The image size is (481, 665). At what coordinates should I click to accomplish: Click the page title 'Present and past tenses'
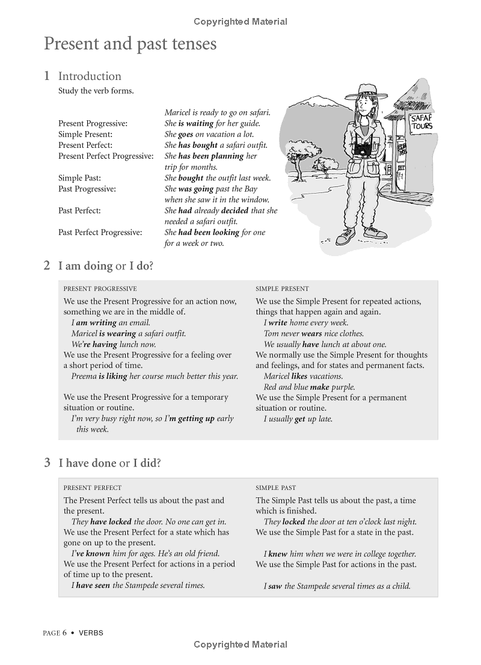coord(130,44)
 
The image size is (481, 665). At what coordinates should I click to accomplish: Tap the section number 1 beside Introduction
coord(47,76)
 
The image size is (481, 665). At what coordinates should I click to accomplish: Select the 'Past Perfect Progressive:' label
coord(100,232)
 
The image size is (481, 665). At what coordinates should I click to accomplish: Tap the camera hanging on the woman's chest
coord(364,149)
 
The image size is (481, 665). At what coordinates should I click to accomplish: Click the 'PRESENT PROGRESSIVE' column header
coord(100,289)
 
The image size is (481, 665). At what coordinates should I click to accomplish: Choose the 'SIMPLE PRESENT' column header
coord(282,289)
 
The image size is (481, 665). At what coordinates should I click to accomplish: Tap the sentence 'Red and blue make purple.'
coord(309,387)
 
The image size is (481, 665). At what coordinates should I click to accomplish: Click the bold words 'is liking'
coord(112,376)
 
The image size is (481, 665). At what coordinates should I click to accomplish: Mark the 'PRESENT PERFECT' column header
coord(92,488)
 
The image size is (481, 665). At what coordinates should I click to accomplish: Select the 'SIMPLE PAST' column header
coord(275,488)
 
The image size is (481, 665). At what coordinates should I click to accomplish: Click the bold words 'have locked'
coord(111,522)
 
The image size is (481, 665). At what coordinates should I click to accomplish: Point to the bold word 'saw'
coord(275,586)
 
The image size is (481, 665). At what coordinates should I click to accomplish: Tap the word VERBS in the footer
coord(90,633)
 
